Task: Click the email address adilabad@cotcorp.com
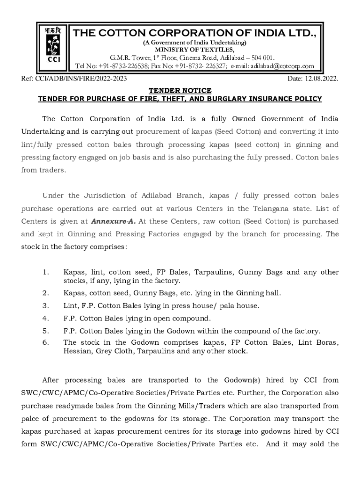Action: tap(282, 66)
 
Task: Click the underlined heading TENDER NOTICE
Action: tap(180, 90)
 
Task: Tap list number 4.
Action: tap(45, 319)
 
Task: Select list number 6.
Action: tap(45, 342)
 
